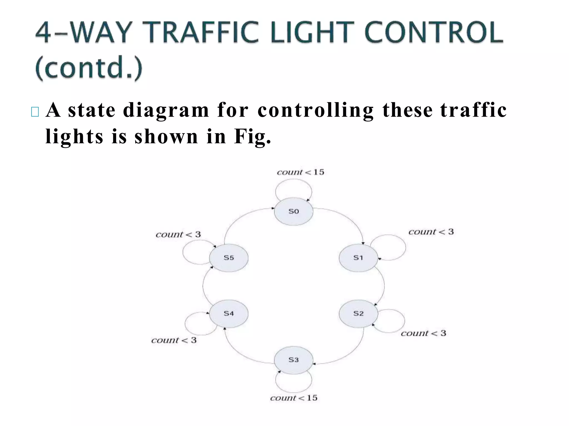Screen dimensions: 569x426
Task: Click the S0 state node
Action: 293,211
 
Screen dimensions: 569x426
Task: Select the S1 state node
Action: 358,258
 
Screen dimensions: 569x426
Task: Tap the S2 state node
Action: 358,313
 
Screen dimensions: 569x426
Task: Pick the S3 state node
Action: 293,360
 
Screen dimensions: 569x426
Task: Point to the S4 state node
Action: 229,313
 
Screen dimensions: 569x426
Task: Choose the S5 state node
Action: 229,258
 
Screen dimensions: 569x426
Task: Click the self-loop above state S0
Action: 293,180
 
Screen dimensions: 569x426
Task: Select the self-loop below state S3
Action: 293,392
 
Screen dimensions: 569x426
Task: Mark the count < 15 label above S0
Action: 300,172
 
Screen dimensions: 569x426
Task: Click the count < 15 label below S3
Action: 293,398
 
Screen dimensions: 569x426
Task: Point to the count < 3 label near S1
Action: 431,232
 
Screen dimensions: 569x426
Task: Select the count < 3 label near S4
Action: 174,340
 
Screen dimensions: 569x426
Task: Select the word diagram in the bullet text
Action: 166,110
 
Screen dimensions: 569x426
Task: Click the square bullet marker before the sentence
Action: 35,112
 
